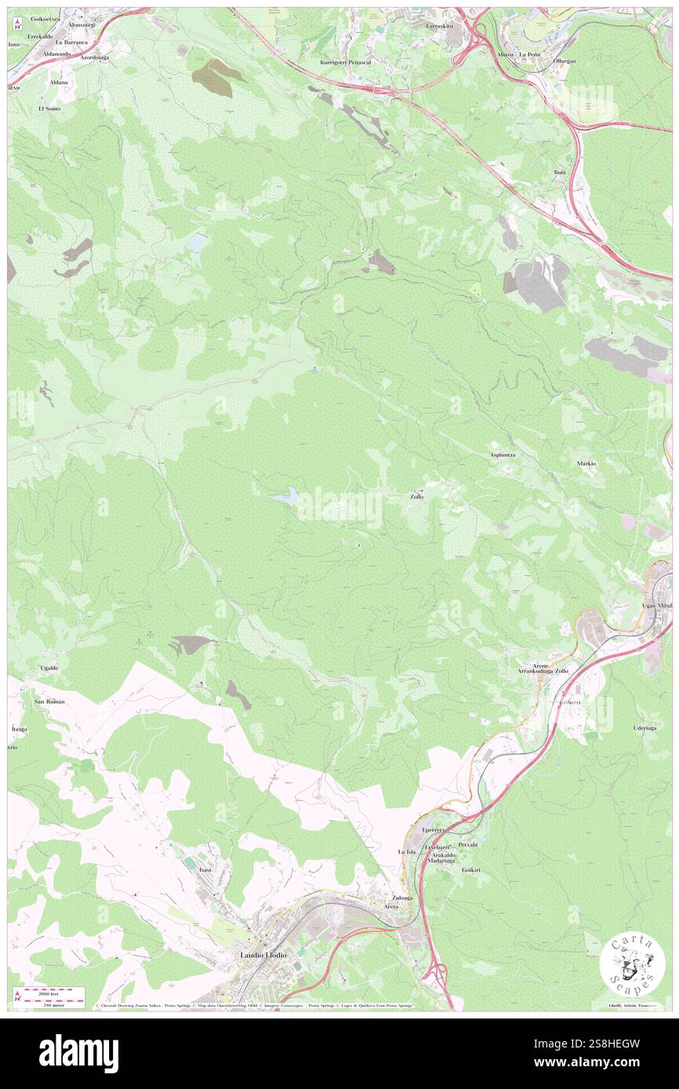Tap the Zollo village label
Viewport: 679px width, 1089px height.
point(416,497)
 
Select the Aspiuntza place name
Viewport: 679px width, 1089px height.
point(503,454)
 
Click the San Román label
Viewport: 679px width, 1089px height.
point(49,701)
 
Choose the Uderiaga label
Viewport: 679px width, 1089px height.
point(645,728)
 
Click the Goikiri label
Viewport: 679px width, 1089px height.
point(471,870)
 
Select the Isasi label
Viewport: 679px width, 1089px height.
point(206,870)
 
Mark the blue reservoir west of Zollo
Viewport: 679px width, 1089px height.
point(284,496)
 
